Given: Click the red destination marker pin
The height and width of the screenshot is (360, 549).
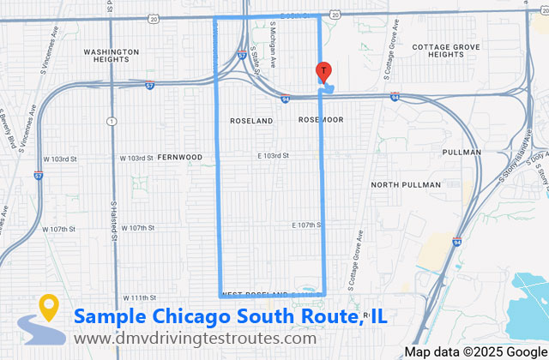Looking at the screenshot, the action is click(323, 72).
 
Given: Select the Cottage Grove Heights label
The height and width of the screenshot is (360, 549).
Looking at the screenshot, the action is click(449, 50).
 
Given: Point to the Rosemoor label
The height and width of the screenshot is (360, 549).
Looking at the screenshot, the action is click(321, 120).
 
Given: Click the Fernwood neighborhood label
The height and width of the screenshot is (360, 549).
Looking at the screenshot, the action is click(179, 158).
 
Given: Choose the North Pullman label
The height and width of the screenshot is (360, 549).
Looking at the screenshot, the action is click(406, 184).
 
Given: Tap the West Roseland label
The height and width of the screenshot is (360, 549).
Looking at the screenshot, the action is click(254, 294).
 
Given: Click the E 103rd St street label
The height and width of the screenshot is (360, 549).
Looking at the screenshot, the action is click(274, 156).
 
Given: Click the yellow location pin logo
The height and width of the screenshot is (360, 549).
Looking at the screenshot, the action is click(47, 308).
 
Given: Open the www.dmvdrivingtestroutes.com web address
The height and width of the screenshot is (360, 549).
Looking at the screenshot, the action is click(194, 339).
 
